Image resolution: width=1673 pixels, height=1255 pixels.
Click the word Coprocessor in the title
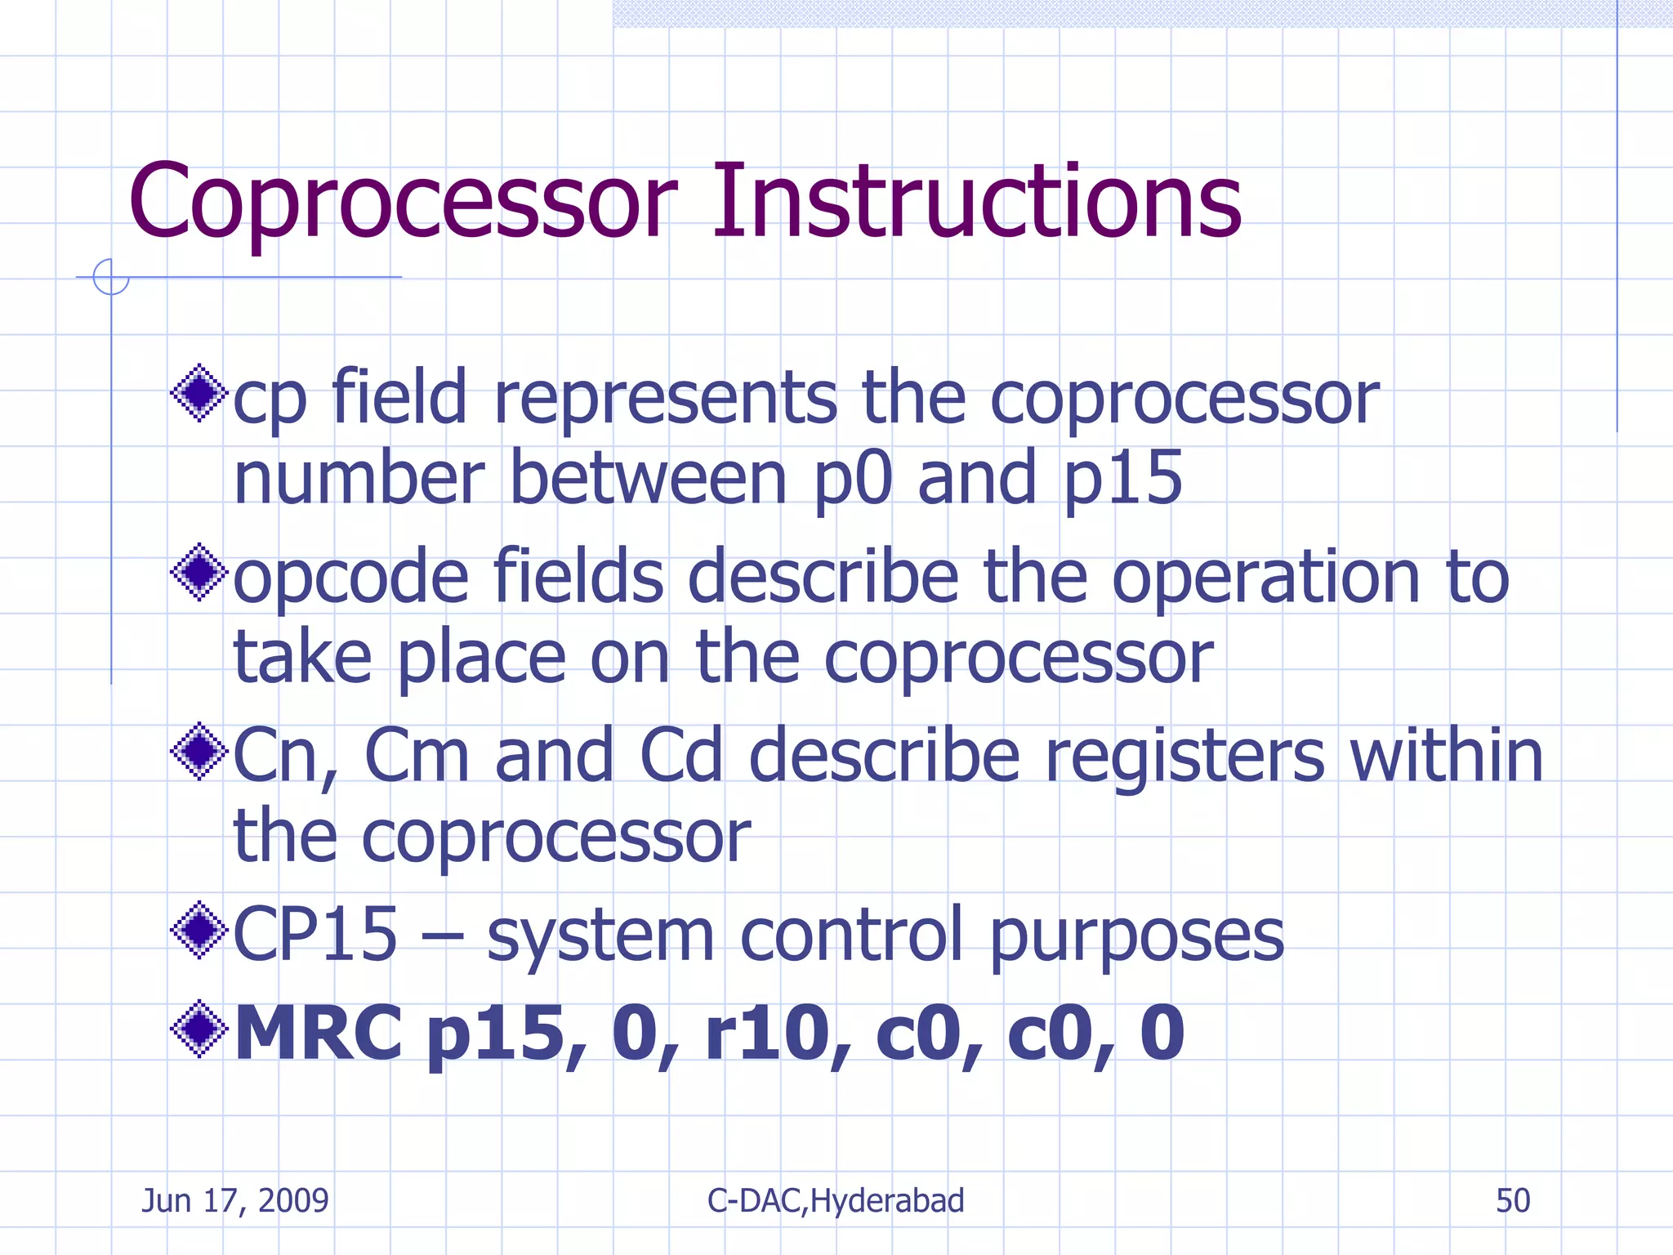coord(402,202)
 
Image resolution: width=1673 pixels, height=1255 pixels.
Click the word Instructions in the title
coord(976,202)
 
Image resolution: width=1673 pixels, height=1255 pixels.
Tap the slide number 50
coord(1512,1200)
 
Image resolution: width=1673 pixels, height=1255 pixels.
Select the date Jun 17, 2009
coord(235,1200)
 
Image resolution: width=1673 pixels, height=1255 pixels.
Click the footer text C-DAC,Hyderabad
coord(836,1200)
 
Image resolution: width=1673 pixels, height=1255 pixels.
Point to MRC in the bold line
coord(319,1033)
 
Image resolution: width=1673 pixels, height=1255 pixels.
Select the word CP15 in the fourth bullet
coord(315,934)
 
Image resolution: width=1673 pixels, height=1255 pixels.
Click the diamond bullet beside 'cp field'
coord(199,393)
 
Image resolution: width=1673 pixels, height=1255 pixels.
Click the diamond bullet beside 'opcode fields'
coord(199,572)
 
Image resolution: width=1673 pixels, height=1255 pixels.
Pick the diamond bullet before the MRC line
coord(199,1029)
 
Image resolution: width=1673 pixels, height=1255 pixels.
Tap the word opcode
coord(351,578)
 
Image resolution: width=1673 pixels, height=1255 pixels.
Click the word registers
coord(1184,756)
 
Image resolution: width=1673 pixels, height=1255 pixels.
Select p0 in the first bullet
coord(853,479)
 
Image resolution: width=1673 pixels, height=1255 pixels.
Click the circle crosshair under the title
coord(111,277)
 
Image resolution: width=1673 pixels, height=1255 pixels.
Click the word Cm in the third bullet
coord(417,756)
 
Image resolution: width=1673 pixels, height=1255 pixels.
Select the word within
coord(1446,756)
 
